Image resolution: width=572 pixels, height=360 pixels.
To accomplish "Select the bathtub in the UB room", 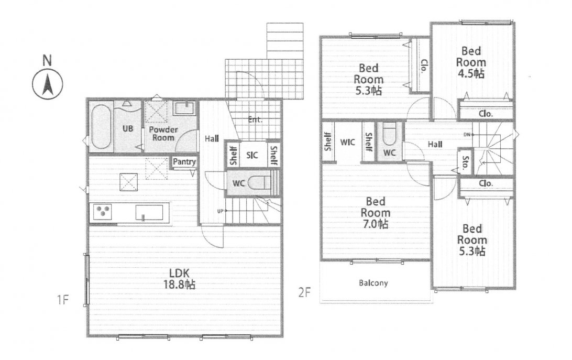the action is pyautogui.click(x=101, y=127).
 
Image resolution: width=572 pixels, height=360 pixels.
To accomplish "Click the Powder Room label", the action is pyautogui.click(x=163, y=133).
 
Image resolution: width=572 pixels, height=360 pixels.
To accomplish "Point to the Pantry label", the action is pyautogui.click(x=184, y=161).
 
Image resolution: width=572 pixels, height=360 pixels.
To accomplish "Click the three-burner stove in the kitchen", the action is pyautogui.click(x=103, y=211).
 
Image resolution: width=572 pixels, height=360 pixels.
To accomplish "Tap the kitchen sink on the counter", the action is pyautogui.click(x=149, y=212).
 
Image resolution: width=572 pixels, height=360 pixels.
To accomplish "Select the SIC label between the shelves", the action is pyautogui.click(x=252, y=155).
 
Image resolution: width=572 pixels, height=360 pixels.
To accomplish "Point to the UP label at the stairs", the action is pyautogui.click(x=220, y=211).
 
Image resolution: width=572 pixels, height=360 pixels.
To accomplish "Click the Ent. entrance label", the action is pyautogui.click(x=255, y=119).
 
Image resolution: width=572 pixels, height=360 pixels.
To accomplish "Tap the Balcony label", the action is pyautogui.click(x=373, y=282).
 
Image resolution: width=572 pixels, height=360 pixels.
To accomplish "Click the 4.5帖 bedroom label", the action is pyautogui.click(x=471, y=62).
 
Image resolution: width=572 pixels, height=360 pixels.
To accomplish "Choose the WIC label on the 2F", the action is pyautogui.click(x=347, y=142).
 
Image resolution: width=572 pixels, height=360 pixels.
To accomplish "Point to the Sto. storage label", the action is pyautogui.click(x=465, y=162).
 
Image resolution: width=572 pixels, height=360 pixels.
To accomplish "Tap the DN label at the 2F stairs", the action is pyautogui.click(x=467, y=135).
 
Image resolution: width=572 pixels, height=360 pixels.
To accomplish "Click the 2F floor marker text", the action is pyautogui.click(x=304, y=292).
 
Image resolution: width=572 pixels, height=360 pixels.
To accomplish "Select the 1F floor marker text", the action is pyautogui.click(x=63, y=300).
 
